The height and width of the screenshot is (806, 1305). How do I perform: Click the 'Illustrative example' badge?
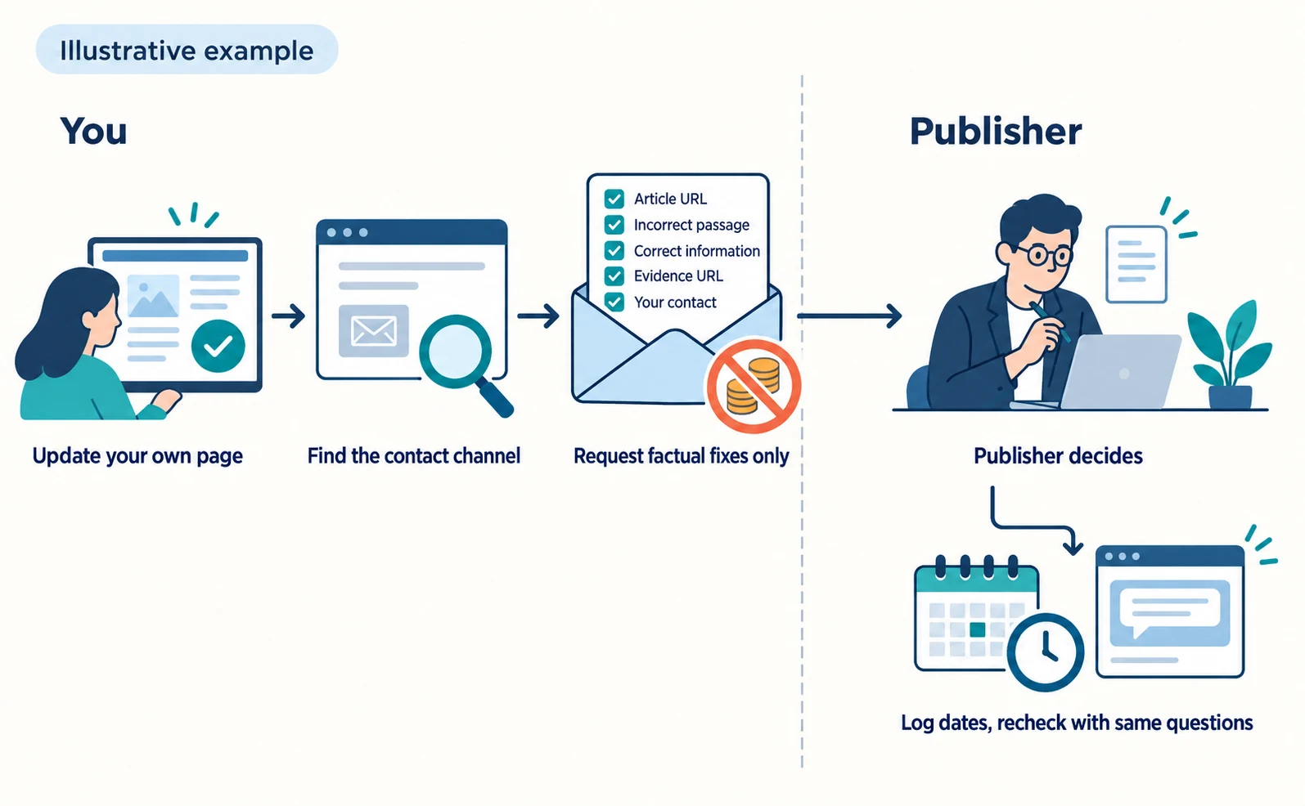coord(187,50)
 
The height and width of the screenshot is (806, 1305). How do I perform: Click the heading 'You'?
coord(93,131)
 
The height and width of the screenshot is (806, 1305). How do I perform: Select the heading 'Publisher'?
coord(996,131)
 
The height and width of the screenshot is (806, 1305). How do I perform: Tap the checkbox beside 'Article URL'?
coord(614,199)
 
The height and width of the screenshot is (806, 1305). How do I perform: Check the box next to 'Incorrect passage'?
coord(614,225)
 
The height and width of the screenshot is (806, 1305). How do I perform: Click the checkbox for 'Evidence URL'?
coord(614,275)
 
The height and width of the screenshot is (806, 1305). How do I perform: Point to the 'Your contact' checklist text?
coord(675,302)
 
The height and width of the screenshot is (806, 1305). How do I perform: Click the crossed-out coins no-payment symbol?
coord(754,386)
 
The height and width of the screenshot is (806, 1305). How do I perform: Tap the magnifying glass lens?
coord(456,352)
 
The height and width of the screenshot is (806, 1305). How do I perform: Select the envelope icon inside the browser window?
coord(373,331)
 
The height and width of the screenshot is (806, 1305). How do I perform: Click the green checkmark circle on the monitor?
coord(218,347)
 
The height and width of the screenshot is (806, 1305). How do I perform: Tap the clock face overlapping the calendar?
coord(1045,652)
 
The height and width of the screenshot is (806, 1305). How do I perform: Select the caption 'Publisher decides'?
coord(1058,455)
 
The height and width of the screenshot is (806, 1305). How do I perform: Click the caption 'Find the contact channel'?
coord(414,455)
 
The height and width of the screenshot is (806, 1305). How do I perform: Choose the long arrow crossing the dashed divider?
coord(849,316)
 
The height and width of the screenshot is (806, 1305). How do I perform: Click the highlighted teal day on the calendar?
coord(977,629)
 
